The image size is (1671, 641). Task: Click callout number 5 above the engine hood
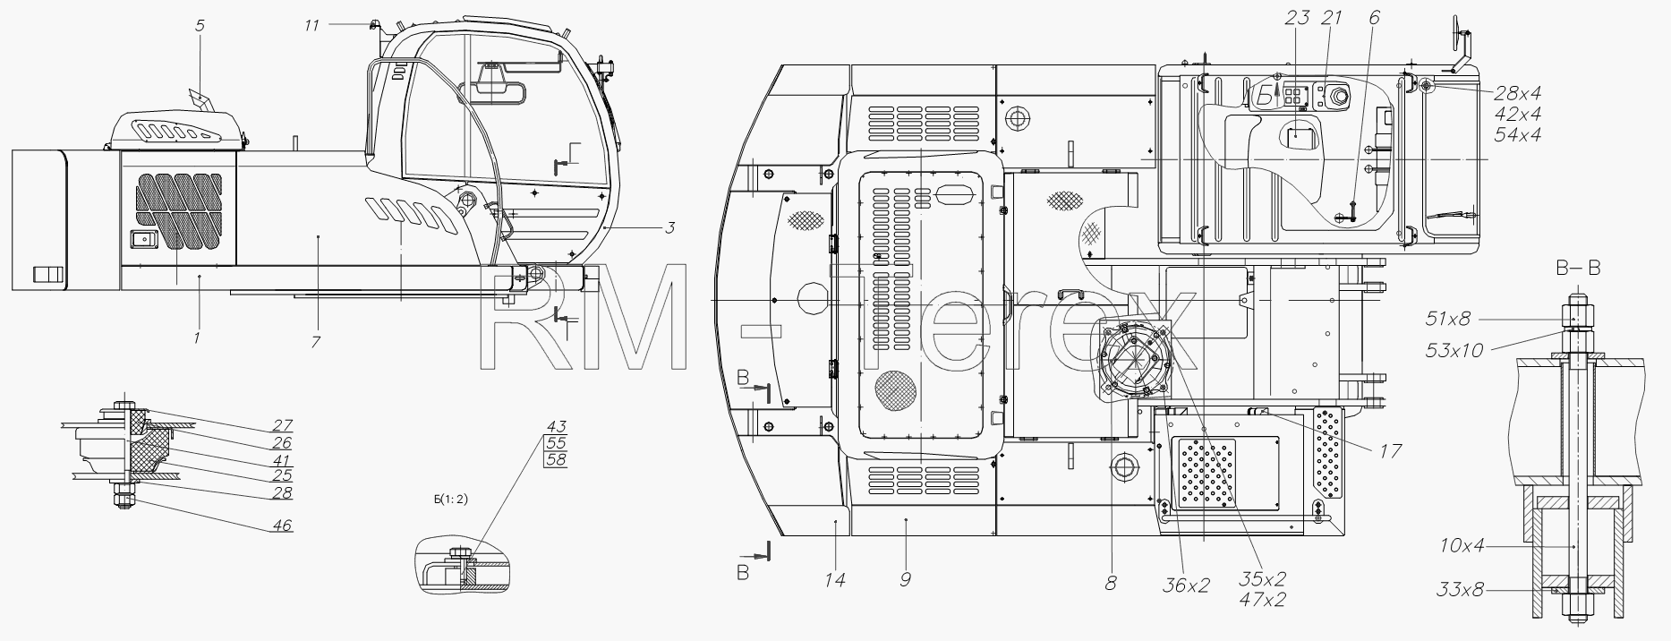tap(200, 26)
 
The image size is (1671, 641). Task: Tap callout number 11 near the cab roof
tap(311, 26)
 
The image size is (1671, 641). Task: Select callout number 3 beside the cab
tap(669, 227)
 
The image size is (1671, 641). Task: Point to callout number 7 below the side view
tap(316, 342)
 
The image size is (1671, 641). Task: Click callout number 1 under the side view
tap(197, 338)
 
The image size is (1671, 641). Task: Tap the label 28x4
tap(1517, 93)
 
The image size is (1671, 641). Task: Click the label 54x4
tap(1517, 134)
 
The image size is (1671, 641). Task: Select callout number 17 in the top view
tap(1389, 452)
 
